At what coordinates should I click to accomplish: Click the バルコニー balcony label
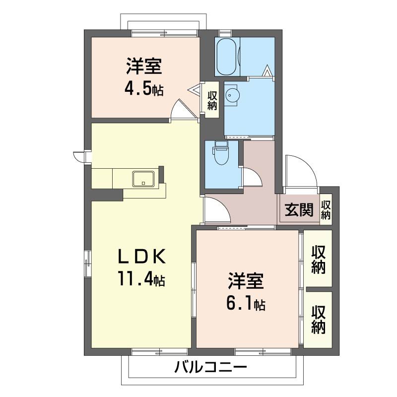pos(210,368)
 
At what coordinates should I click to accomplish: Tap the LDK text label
pos(141,257)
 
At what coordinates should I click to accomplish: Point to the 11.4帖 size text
pos(141,279)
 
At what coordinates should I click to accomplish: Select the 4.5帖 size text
pos(144,90)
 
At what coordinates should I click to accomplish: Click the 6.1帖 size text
pos(246,303)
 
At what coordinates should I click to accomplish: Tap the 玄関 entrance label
pos(299,210)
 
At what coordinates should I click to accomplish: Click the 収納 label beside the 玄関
pos(326,210)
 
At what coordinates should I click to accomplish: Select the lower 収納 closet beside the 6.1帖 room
pos(318,320)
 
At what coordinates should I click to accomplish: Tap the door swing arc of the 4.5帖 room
pos(181,109)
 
